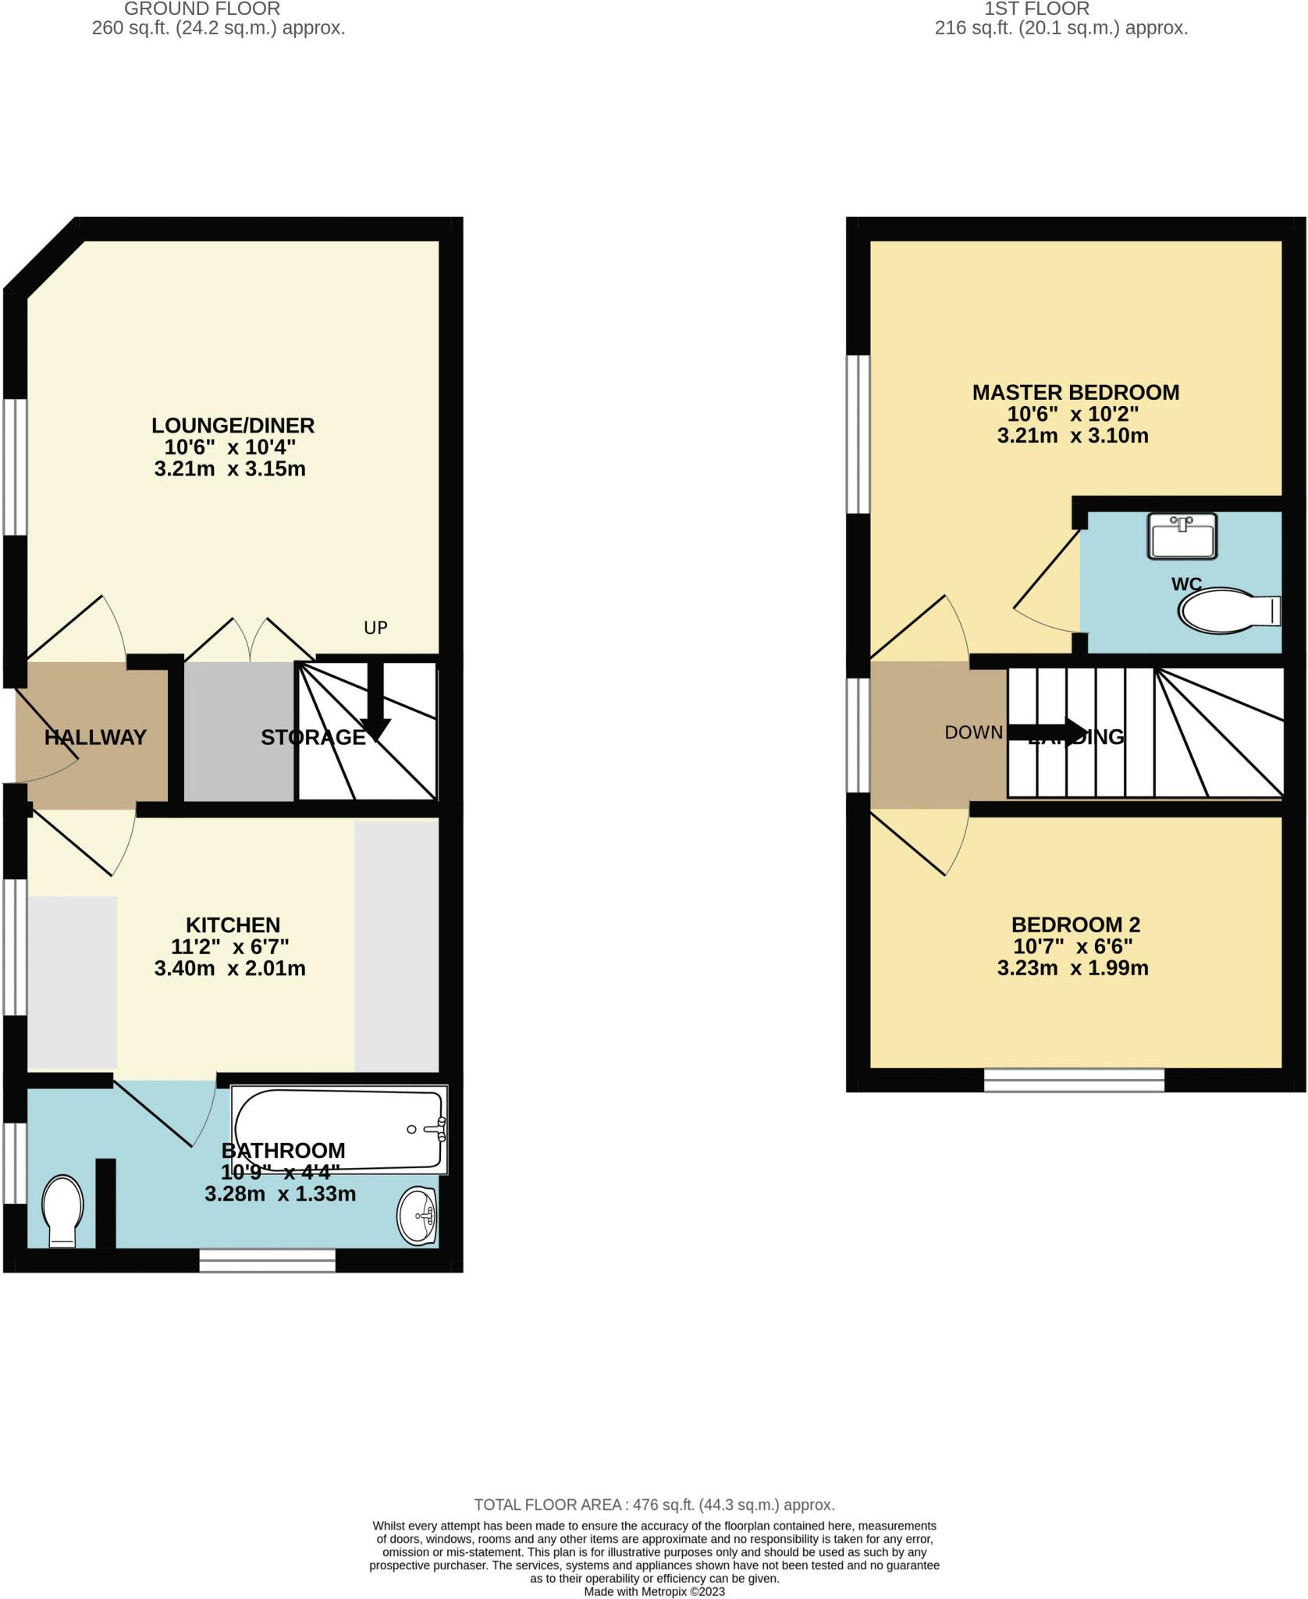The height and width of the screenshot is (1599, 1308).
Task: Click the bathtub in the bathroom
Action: [x=339, y=1128]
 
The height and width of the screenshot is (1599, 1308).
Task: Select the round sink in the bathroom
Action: [x=418, y=1216]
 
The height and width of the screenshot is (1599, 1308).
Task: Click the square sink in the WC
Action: [x=1182, y=536]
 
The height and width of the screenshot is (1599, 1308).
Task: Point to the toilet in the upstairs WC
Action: [x=1225, y=611]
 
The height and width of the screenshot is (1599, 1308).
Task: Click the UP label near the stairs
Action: [x=375, y=628]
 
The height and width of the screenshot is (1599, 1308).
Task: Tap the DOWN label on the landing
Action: [x=973, y=732]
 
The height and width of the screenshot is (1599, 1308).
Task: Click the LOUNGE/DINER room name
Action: [x=233, y=426]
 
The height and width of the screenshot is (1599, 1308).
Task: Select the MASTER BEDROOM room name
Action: [x=1075, y=392]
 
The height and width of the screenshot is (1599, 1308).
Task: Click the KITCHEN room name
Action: [x=233, y=925]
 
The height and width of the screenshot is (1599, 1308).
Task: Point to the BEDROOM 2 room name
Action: [x=1075, y=925]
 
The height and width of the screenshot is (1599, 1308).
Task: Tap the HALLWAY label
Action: [x=95, y=737]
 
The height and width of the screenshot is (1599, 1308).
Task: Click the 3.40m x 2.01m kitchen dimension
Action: [x=229, y=969]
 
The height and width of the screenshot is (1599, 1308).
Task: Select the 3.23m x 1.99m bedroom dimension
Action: [x=1072, y=969]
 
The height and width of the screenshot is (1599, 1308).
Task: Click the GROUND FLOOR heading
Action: [x=202, y=9]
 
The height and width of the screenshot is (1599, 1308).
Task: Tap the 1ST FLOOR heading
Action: [x=1036, y=9]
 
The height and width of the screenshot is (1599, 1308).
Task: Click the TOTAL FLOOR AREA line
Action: [x=654, y=1505]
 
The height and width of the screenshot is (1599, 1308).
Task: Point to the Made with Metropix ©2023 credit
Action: [x=654, y=1591]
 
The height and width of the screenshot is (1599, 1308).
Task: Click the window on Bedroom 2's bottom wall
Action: [x=1074, y=1080]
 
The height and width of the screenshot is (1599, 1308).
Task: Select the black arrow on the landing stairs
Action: [x=1046, y=732]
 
